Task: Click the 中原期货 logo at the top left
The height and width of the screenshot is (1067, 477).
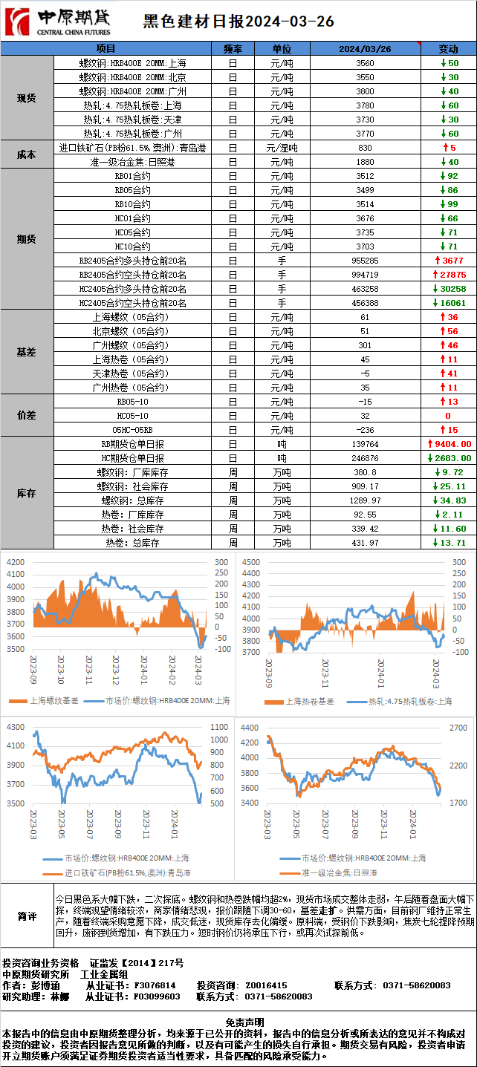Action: pos(59,21)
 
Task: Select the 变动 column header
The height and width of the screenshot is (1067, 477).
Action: pos(448,49)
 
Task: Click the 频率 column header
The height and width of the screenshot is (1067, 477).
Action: pos(233,49)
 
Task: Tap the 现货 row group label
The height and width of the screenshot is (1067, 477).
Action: pos(27,98)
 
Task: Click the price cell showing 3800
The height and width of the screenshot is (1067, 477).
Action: pos(365,91)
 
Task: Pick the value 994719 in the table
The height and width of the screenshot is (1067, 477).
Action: pos(365,275)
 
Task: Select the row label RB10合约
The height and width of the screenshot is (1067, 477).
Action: pos(132,204)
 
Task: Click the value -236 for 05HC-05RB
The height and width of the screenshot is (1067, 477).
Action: pos(365,430)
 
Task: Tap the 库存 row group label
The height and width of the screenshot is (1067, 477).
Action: pos(27,493)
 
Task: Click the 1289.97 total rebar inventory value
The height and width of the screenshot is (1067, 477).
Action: pos(365,500)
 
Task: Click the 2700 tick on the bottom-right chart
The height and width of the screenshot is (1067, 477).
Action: pos(458,728)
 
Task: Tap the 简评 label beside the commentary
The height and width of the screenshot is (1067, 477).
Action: pos(27,917)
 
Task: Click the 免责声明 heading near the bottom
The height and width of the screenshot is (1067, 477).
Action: pos(238,1022)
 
